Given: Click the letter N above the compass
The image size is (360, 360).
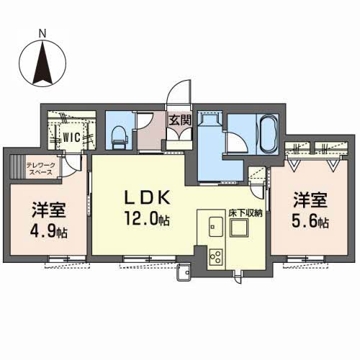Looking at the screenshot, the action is click(42, 33).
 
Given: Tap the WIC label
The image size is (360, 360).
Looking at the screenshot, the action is click(71, 138).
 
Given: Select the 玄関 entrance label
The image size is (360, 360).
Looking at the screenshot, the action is click(180, 120).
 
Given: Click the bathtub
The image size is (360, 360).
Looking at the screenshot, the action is click(269, 134).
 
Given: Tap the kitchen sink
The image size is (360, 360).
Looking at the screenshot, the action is click(216, 227).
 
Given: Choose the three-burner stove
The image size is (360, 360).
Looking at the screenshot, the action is click(216, 257).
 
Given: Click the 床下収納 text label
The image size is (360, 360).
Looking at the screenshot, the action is click(246, 213).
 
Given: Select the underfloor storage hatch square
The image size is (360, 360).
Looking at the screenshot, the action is click(239, 228).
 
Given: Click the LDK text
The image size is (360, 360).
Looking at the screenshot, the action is click(147, 198).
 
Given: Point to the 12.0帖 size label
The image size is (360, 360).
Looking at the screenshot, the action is click(147, 219).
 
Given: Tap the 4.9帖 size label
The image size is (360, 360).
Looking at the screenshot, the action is click(48, 230).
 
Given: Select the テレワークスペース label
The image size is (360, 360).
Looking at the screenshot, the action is click(41, 168).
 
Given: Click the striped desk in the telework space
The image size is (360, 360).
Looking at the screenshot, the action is click(18, 166).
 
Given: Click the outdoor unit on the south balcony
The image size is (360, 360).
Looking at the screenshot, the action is click(184, 272).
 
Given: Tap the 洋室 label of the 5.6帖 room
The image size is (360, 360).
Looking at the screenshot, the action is click(310, 200).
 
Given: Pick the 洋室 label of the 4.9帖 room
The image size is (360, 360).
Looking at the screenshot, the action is click(49, 210).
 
